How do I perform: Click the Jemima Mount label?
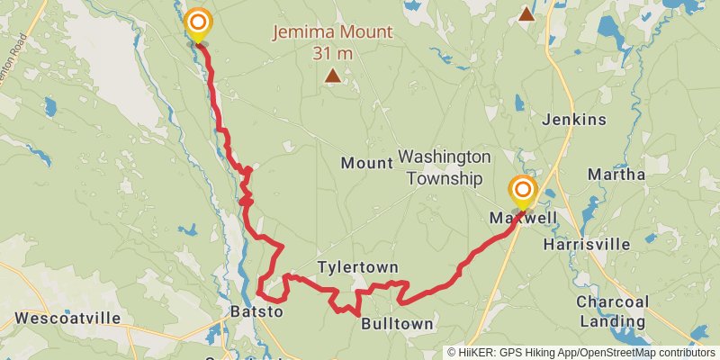(333, 33)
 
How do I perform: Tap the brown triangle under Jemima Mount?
(333, 76)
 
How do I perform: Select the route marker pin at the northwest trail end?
(198, 25)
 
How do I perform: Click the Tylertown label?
(357, 268)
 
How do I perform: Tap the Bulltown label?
(397, 324)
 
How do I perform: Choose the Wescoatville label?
(68, 319)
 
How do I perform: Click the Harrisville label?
(586, 245)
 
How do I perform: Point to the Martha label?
(616, 174)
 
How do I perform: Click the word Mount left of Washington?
(366, 163)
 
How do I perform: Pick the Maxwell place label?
(524, 219)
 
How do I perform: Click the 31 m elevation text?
(333, 54)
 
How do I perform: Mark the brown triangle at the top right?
(526, 13)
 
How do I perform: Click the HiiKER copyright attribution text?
(580, 353)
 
